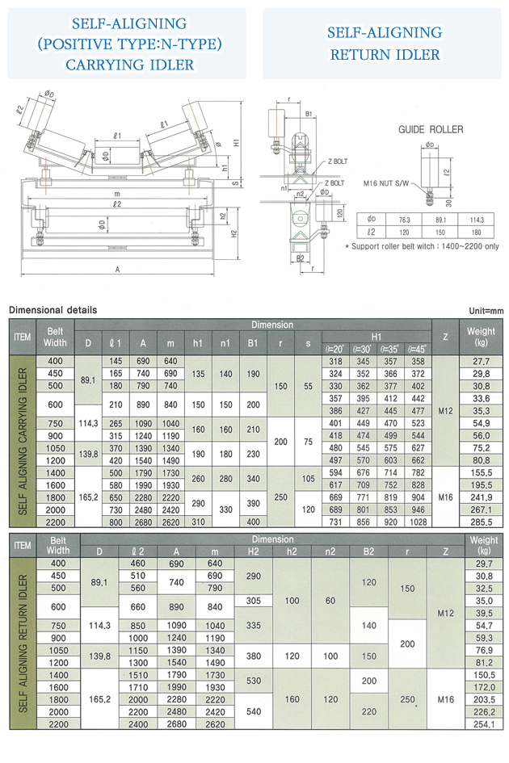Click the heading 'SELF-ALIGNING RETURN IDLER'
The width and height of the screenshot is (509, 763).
tap(385, 44)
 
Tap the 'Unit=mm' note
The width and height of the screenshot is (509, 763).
tap(486, 310)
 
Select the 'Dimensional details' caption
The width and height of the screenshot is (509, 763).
tap(53, 310)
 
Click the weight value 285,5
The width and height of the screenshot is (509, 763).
tap(482, 523)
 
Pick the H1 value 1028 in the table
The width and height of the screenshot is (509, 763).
tap(417, 523)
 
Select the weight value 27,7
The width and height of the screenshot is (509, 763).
tap(482, 363)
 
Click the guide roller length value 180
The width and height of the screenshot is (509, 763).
tap(476, 231)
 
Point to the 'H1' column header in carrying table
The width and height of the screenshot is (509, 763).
tap(376, 336)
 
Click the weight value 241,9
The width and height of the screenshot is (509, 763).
tap(482, 498)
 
